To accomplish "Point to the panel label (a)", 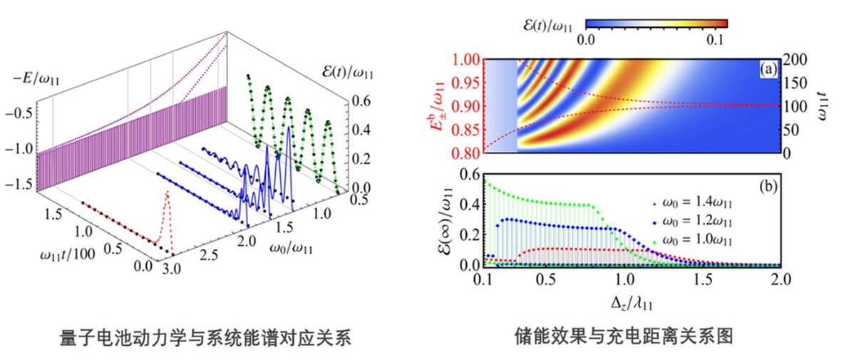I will [767, 69].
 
